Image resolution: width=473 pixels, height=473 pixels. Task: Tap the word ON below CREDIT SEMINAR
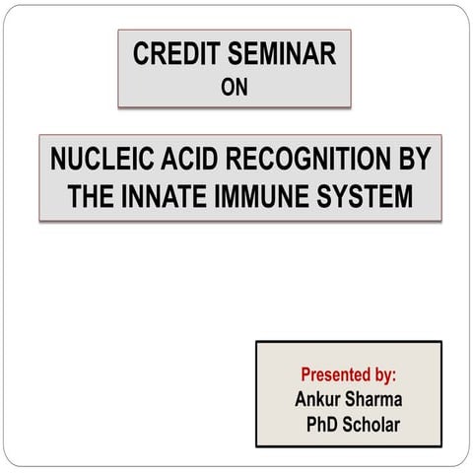pyautogui.click(x=235, y=86)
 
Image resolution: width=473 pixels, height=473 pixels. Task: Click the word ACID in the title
pyautogui.click(x=194, y=161)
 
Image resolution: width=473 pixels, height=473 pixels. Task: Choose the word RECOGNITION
pyautogui.click(x=308, y=161)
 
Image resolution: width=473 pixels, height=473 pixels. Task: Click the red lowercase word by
pyautogui.click(x=384, y=375)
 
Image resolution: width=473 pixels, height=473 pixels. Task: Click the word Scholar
pyautogui.click(x=375, y=425)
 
